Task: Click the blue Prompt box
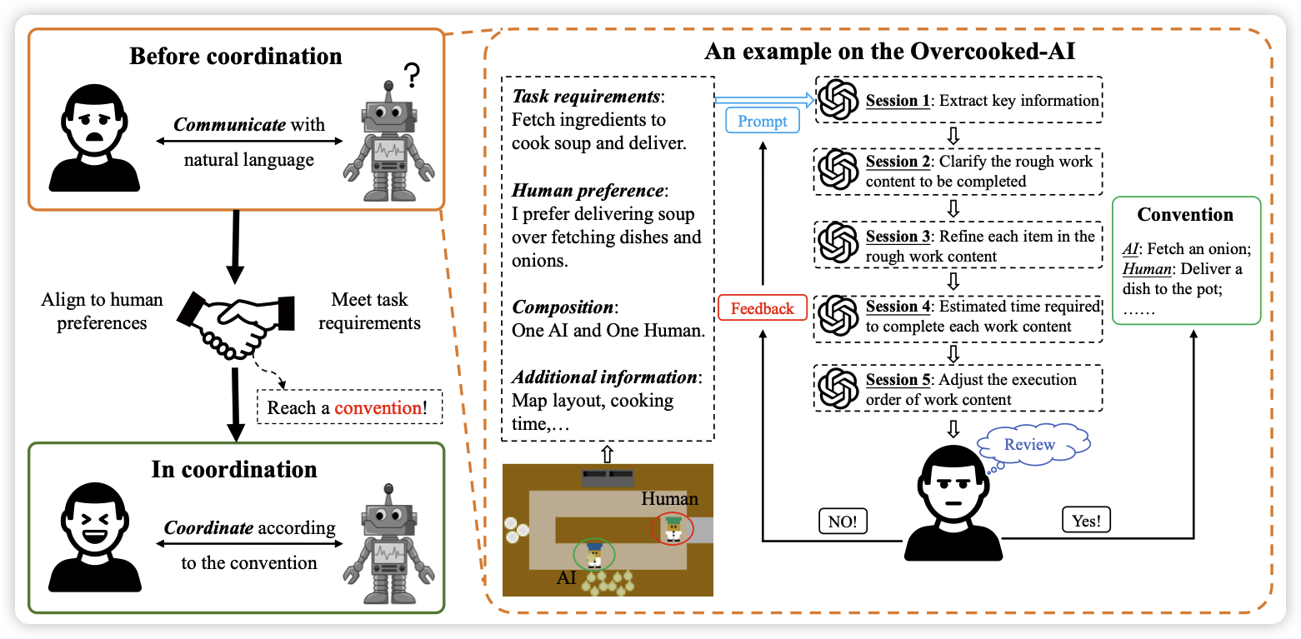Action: pos(763,122)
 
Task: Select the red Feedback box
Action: pos(762,308)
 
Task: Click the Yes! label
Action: pos(1087,522)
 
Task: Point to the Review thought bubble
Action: pos(1029,444)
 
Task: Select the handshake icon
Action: pos(235,321)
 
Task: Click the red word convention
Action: pos(377,408)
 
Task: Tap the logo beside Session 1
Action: pos(838,101)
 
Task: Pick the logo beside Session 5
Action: pos(838,388)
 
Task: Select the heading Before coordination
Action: pos(236,57)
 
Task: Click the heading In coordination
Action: pos(234,469)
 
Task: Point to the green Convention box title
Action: pos(1185,214)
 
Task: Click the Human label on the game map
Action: pos(669,498)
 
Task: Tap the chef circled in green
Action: pos(594,554)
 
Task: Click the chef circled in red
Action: pos(673,528)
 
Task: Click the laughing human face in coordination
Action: pos(91,533)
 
